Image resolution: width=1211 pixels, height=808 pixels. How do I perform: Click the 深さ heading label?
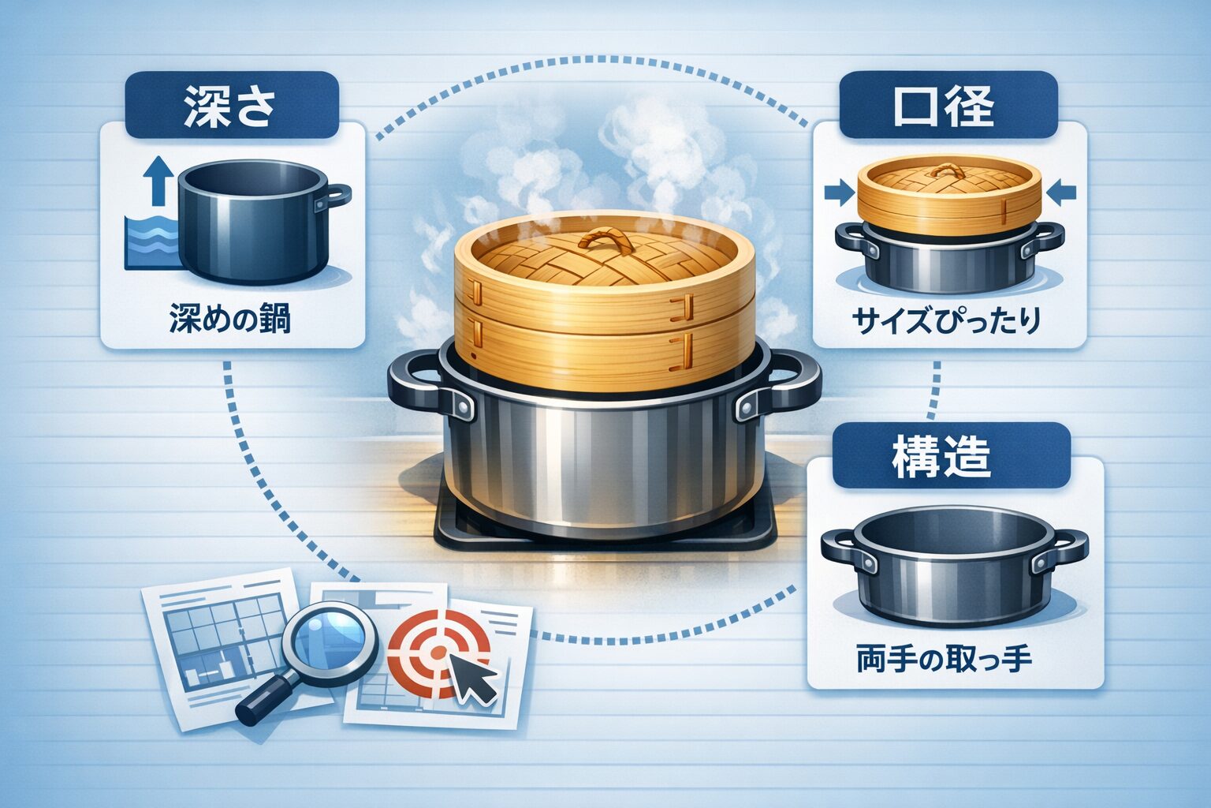[x=230, y=106]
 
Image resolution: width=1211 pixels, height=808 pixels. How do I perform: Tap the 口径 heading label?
[x=944, y=105]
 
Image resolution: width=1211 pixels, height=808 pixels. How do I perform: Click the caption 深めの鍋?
[x=229, y=318]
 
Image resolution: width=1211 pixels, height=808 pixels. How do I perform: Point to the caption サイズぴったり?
[x=946, y=320]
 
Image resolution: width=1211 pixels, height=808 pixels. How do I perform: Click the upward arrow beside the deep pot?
[x=158, y=181]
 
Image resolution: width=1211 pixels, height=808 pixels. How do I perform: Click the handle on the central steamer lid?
[x=606, y=241]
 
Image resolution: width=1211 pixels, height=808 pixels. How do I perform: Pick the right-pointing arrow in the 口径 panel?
[x=840, y=193]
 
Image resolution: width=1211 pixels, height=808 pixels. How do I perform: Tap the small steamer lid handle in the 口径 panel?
[x=947, y=171]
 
